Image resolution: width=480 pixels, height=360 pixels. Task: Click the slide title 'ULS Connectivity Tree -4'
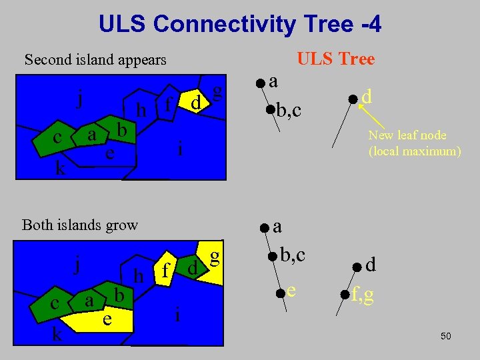tap(240, 25)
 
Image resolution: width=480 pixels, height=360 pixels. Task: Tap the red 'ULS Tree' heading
tap(336, 59)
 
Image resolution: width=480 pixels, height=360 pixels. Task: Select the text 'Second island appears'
tap(95, 60)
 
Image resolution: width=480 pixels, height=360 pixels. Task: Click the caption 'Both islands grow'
tap(80, 225)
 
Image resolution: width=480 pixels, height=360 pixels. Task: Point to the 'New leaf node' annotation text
tap(407, 135)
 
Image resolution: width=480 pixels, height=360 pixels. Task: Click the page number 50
tap(446, 337)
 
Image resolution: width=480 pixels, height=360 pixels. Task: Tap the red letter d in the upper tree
tap(367, 97)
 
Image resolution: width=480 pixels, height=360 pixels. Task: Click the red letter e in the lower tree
tap(291, 290)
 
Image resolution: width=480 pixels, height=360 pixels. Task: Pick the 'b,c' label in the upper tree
tap(288, 110)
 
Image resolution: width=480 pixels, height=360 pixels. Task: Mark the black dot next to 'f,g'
tap(345, 294)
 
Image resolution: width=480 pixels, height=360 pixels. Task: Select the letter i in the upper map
tap(180, 150)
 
